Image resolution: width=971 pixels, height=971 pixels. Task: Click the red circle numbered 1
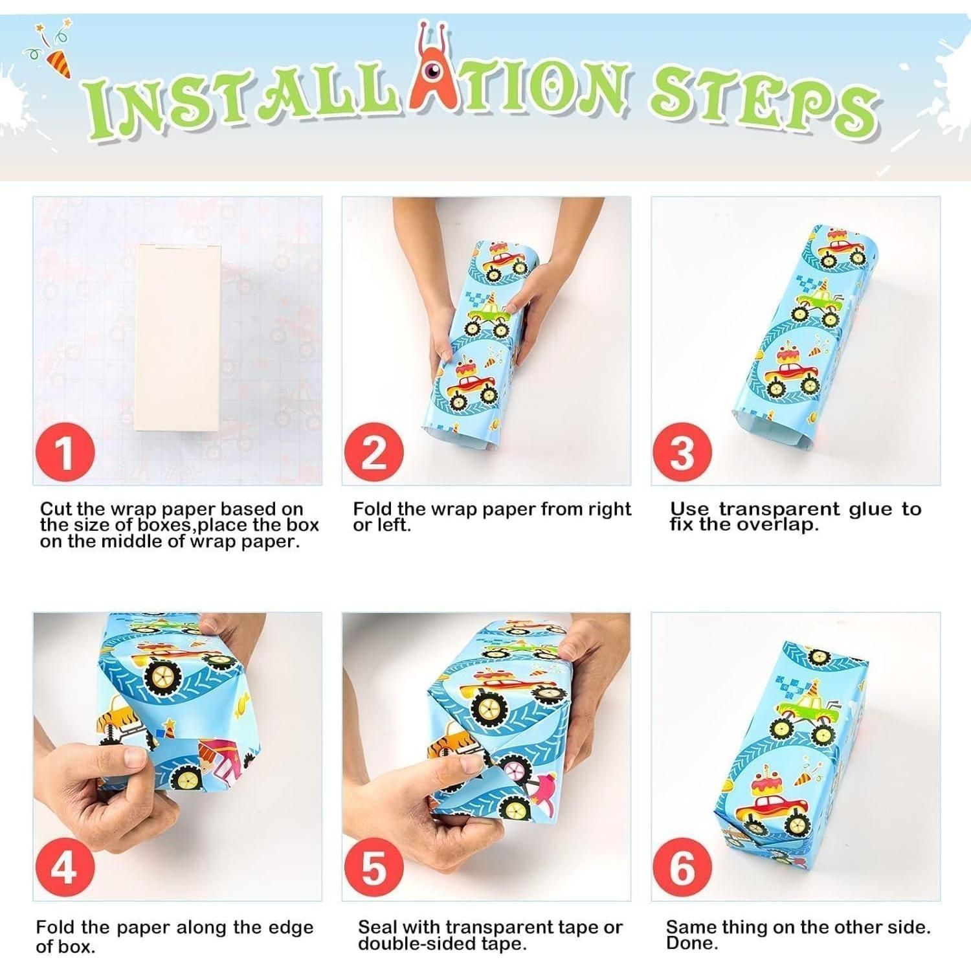(x=64, y=452)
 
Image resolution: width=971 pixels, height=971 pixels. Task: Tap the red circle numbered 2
(x=374, y=452)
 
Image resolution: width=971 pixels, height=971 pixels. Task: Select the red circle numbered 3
(x=682, y=452)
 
